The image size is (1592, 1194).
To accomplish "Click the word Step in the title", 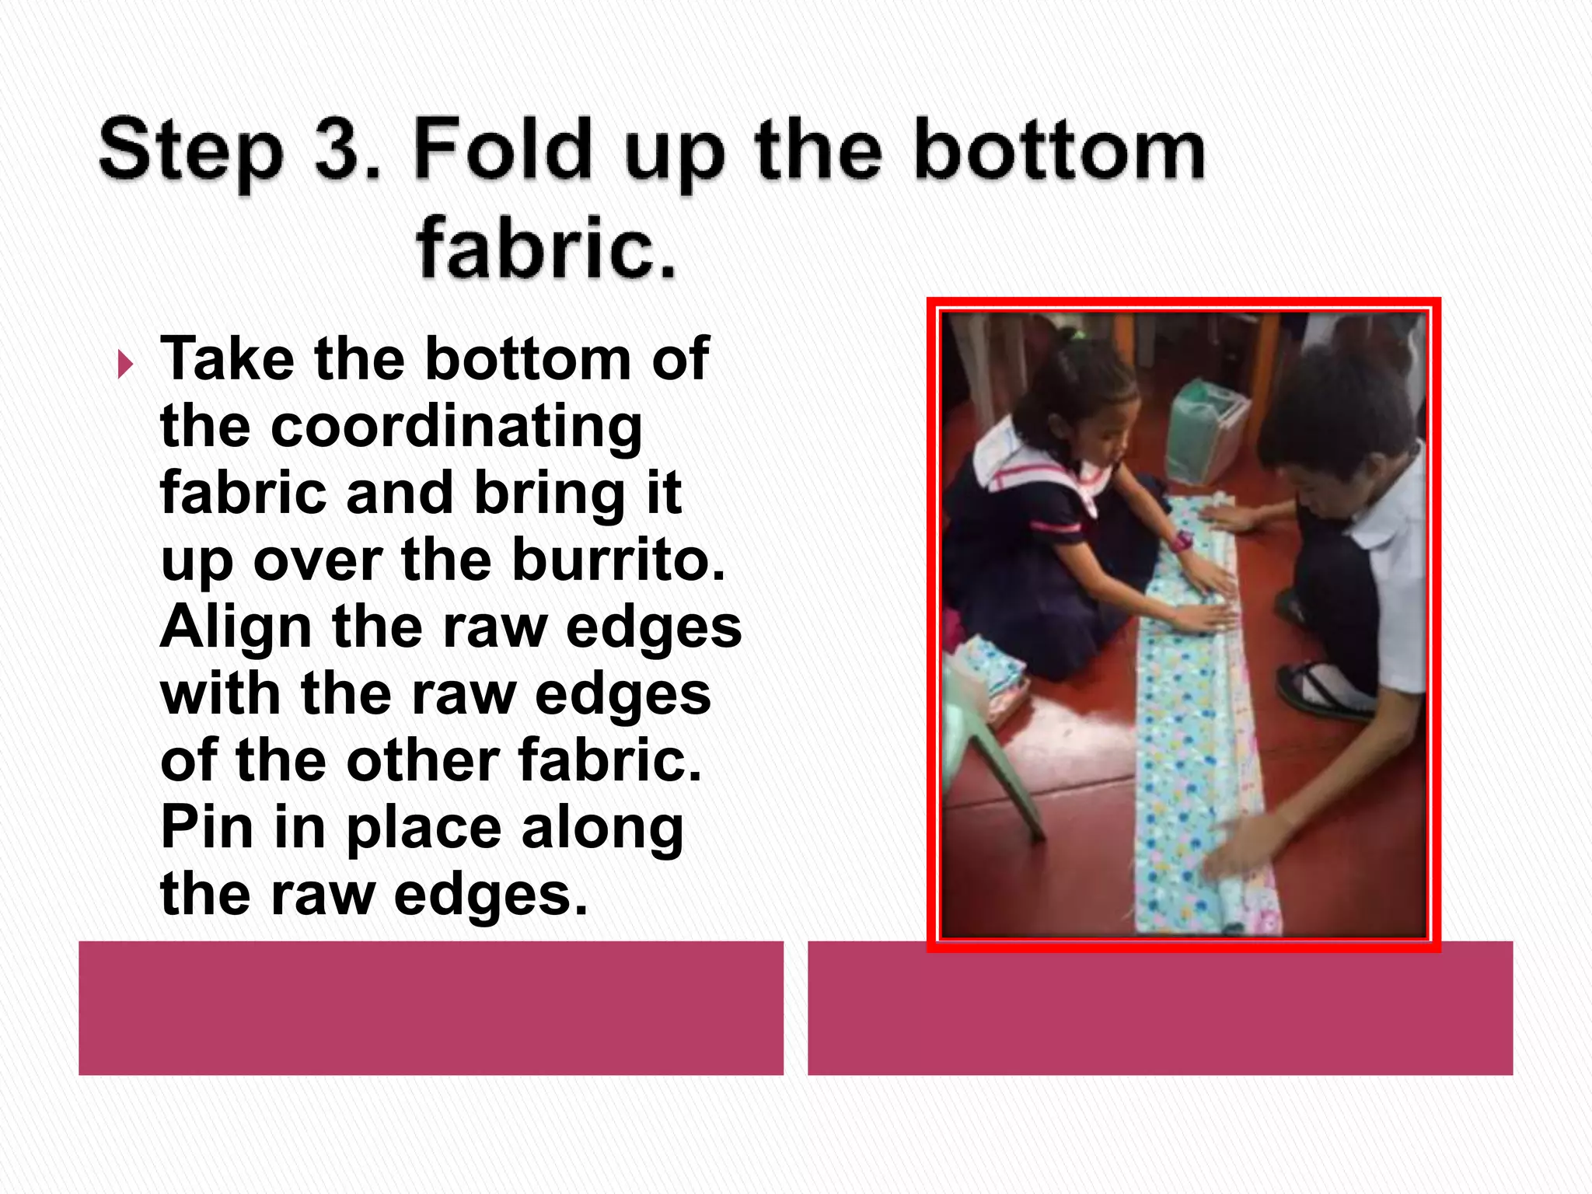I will click(x=191, y=152).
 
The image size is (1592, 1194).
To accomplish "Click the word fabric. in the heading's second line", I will click(x=546, y=247).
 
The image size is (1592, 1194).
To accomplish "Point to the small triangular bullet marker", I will click(x=125, y=364).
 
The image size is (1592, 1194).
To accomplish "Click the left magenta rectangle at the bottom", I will click(x=431, y=1007).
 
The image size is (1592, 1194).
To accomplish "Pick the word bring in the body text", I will click(x=549, y=494).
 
